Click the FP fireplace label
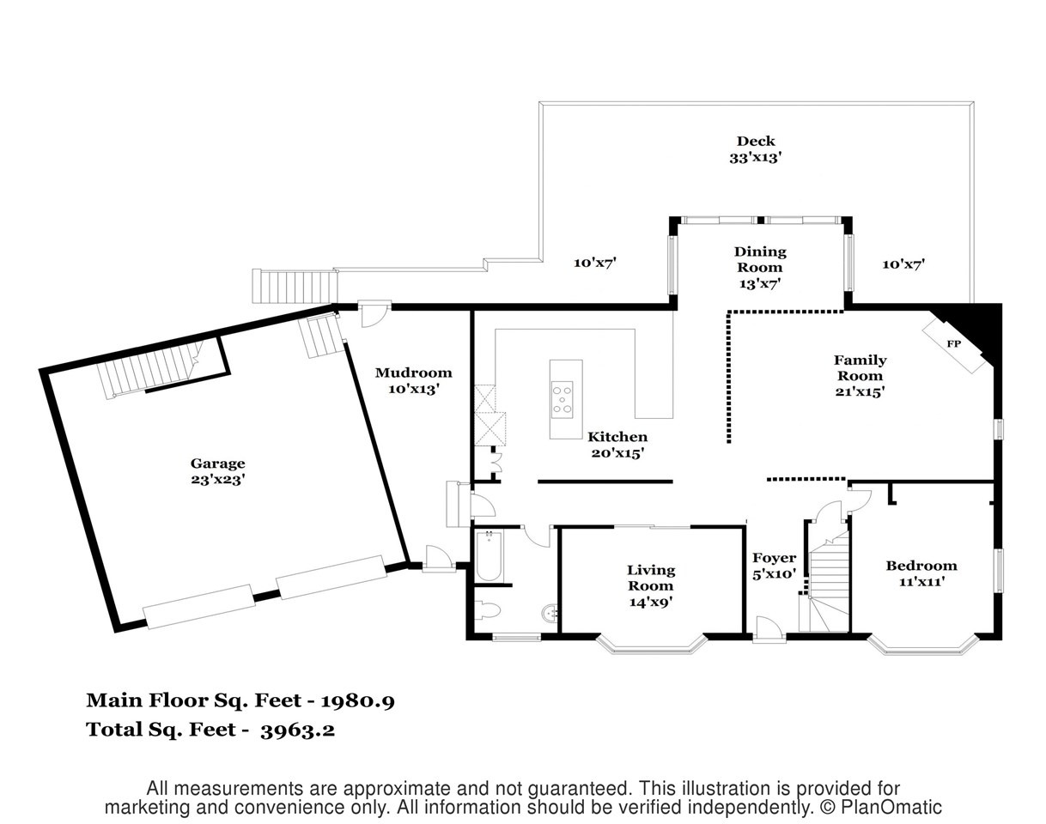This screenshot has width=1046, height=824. point(953,344)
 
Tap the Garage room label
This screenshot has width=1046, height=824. point(218,463)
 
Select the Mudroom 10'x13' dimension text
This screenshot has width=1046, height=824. point(414,389)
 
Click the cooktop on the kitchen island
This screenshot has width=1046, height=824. point(562,400)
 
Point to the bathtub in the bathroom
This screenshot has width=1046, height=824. point(489,555)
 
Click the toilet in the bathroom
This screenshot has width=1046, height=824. point(488,610)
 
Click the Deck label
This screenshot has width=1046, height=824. point(756,142)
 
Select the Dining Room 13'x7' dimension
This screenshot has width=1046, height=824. point(760,283)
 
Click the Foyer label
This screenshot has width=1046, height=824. point(775,558)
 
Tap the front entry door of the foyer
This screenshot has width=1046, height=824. point(769,631)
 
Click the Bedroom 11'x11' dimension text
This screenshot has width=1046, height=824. point(921,581)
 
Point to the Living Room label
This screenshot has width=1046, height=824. point(651,578)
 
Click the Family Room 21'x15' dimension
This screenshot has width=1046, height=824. point(860,391)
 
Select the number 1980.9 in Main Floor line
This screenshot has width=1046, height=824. point(358,701)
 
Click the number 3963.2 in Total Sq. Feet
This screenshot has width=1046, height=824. point(297,730)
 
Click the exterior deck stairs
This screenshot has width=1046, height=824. point(295,286)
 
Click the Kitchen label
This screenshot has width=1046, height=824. point(617,437)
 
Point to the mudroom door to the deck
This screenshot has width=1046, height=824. point(374,313)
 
